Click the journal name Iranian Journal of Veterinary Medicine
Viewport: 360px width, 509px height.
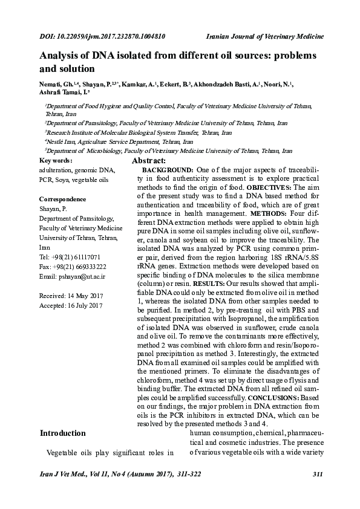tap(266, 36)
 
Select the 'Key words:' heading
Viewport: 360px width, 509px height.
tap(56, 161)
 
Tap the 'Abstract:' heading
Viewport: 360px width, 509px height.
tap(149, 161)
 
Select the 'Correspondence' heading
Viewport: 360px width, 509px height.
tap(62, 199)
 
